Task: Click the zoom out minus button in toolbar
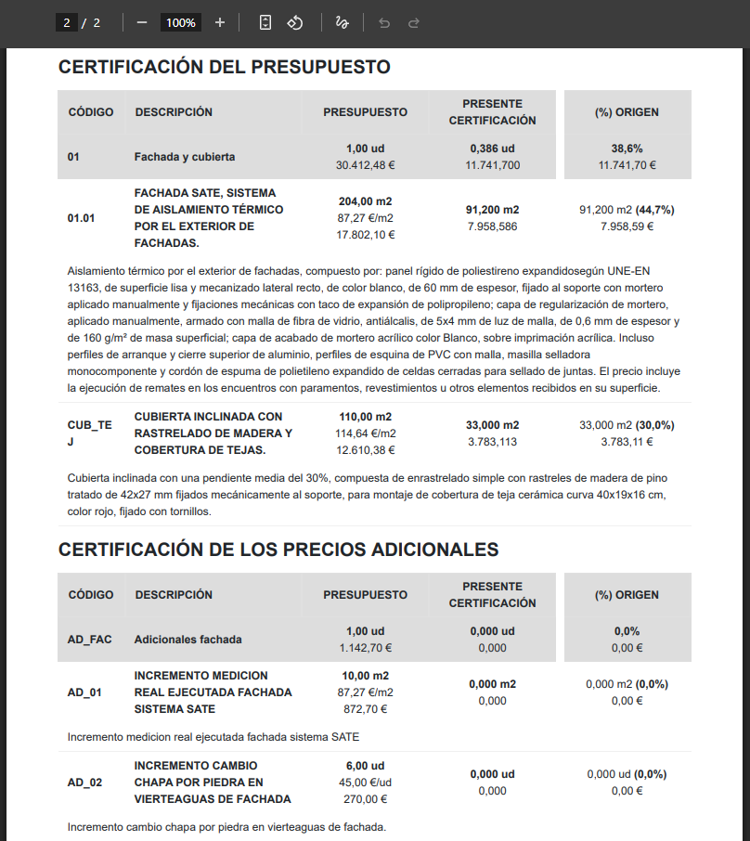(x=142, y=22)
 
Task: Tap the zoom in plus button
(x=219, y=22)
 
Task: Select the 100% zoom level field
(x=181, y=22)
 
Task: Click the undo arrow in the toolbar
(x=384, y=22)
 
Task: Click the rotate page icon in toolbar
(x=295, y=22)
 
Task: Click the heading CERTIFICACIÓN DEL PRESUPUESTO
(x=224, y=67)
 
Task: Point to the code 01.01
(x=82, y=218)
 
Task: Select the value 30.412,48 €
(x=365, y=165)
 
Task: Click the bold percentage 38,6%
(x=627, y=149)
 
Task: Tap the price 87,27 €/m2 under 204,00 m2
(x=365, y=218)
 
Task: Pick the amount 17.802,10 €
(x=365, y=235)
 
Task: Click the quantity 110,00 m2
(x=365, y=417)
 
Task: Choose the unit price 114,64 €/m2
(x=365, y=433)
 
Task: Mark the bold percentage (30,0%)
(x=654, y=425)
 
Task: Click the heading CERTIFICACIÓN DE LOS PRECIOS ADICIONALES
(x=278, y=550)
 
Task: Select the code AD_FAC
(x=89, y=640)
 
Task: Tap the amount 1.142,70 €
(x=365, y=648)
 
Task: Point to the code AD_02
(x=84, y=783)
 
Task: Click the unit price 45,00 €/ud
(x=365, y=783)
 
